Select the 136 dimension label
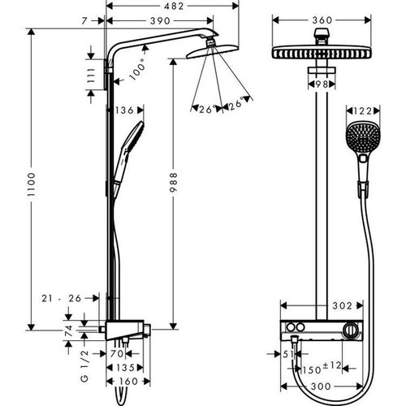[124, 110]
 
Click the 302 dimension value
[343, 305]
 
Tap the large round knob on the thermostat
[350, 329]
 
